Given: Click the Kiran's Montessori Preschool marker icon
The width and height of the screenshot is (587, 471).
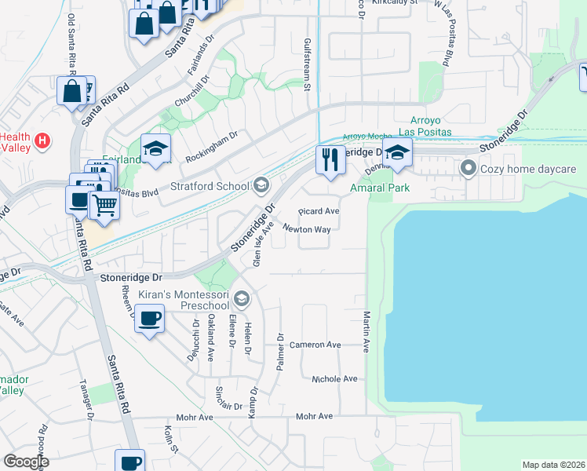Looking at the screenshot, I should (x=242, y=298).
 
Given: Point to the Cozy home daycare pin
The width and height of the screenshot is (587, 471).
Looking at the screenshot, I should (x=469, y=168).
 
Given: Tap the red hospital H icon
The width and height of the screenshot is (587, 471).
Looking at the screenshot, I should (x=44, y=141).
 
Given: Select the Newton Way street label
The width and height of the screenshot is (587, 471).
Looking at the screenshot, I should (x=307, y=229).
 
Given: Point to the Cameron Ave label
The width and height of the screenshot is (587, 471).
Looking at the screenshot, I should (x=315, y=345).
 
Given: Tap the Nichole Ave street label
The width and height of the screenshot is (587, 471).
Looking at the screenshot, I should (x=334, y=378).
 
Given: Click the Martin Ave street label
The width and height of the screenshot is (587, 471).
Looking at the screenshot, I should (x=366, y=330).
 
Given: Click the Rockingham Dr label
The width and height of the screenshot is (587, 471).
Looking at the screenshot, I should (x=211, y=147).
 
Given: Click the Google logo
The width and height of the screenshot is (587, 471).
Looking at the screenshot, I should (x=27, y=462).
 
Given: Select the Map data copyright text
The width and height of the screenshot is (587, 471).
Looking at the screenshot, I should (x=552, y=465).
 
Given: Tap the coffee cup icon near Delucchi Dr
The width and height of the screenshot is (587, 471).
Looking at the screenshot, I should (x=149, y=319).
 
